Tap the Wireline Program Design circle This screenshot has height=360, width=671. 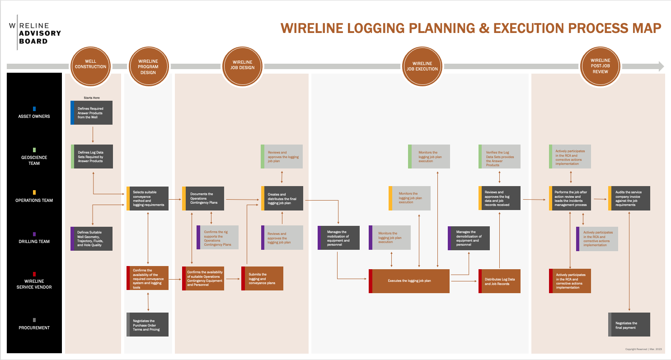[148, 67]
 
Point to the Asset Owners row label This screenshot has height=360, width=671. [34, 116]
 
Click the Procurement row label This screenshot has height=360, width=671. [34, 327]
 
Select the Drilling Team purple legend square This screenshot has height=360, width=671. [34, 234]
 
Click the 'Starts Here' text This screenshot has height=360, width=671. [92, 98]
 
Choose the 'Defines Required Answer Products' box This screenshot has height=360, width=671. [92, 112]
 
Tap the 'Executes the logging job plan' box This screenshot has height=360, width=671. [409, 281]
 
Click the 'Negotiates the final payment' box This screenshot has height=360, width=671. [629, 325]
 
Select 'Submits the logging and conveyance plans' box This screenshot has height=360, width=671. [262, 279]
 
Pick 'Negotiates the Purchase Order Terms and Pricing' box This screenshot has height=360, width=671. [147, 325]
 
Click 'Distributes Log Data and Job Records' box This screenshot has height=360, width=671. [500, 281]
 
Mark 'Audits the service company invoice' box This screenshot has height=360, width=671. [629, 198]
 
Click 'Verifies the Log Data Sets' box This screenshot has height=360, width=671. [500, 156]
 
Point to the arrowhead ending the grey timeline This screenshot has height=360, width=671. [661, 66]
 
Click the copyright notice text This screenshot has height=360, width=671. [643, 349]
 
